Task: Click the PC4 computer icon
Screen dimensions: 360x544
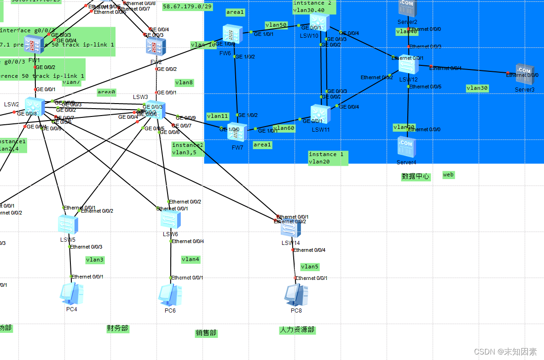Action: (71, 293)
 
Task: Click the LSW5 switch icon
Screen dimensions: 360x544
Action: (68, 225)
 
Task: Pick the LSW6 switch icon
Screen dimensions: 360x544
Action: (170, 220)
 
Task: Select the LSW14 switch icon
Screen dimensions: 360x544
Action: (290, 228)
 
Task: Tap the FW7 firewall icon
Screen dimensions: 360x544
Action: (237, 132)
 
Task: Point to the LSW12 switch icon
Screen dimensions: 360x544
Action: (408, 65)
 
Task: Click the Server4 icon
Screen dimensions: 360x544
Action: (406, 146)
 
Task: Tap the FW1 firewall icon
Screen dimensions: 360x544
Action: (34, 45)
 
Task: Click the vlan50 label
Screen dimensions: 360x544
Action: (276, 25)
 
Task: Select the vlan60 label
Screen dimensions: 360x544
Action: (284, 128)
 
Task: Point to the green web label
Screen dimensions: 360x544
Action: (448, 174)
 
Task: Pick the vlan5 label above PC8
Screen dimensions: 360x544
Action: (309, 267)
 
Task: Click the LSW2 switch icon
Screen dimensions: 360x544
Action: (35, 106)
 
